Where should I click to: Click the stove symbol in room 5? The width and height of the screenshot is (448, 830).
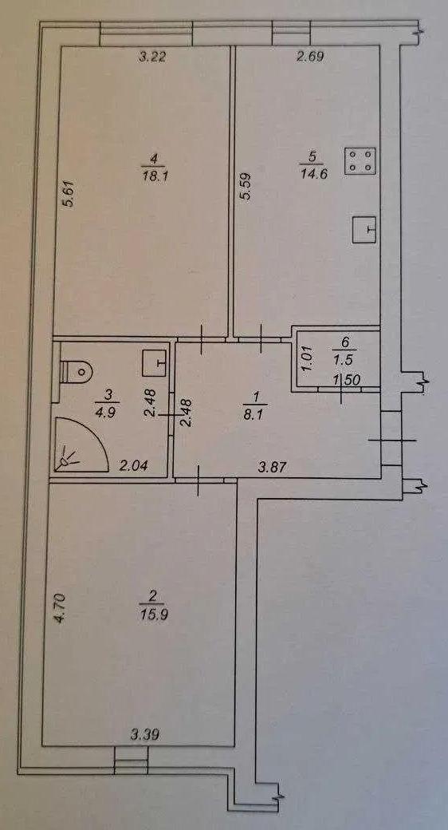360,161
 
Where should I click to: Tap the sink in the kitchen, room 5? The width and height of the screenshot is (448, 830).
364,229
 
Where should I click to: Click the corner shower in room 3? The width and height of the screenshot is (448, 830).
81,445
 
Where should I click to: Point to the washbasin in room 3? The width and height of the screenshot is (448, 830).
155,362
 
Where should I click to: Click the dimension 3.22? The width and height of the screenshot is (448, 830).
152,57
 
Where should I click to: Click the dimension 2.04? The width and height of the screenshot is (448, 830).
133,466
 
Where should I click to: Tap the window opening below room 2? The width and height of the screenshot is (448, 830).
132,761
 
